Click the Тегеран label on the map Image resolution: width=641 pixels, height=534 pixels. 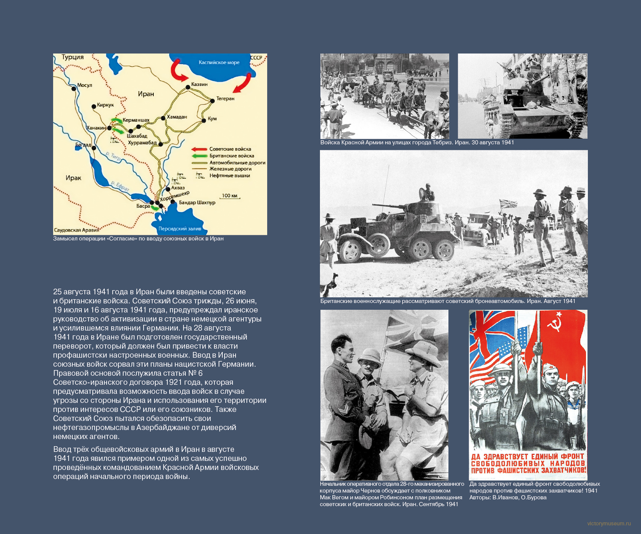tap(225, 98)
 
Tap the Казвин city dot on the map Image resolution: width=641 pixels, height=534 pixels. tap(188, 87)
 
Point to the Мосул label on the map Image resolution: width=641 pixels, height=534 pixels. tap(84, 85)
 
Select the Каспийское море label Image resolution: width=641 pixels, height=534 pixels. tap(219, 63)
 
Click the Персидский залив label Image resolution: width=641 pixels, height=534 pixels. tap(180, 228)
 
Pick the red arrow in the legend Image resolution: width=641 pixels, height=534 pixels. tap(199, 149)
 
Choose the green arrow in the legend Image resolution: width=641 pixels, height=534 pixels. tap(199, 156)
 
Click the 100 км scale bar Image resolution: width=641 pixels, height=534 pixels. tap(230, 197)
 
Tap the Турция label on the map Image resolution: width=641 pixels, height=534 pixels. tap(73, 57)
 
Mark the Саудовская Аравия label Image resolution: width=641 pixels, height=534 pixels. tap(76, 230)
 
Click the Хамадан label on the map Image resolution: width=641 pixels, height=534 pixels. tap(177, 117)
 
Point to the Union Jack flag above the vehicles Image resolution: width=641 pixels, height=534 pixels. tap(508, 204)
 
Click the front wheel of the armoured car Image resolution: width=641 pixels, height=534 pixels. tap(351, 249)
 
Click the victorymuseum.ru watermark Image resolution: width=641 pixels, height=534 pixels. tap(609, 523)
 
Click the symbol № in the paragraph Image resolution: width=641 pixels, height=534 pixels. tap(193, 373)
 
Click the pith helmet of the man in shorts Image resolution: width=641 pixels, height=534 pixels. tap(421, 353)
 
